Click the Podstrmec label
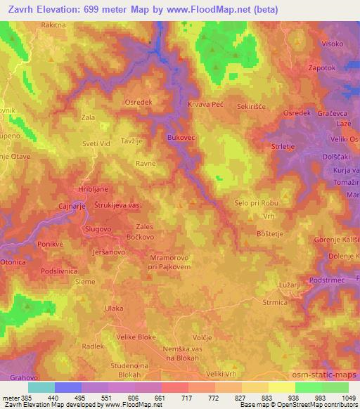pos(326,280)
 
